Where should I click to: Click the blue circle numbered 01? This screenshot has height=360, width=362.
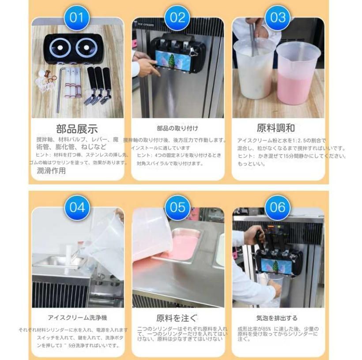pyautogui.click(x=77, y=18)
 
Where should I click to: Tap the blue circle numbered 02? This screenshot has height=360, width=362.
pyautogui.click(x=177, y=18)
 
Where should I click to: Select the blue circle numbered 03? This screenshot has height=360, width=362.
pyautogui.click(x=278, y=18)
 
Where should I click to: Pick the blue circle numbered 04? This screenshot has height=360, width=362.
pyautogui.click(x=77, y=207)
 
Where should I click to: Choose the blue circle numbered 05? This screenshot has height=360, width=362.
pyautogui.click(x=177, y=207)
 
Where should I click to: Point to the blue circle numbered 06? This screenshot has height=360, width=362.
pyautogui.click(x=278, y=207)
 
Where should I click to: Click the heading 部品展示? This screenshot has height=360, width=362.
pyautogui.click(x=77, y=129)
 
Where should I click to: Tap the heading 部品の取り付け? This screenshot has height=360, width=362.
pyautogui.click(x=177, y=129)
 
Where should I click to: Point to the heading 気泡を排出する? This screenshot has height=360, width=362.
pyautogui.click(x=277, y=318)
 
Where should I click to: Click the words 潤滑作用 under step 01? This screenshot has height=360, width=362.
pyautogui.click(x=51, y=171)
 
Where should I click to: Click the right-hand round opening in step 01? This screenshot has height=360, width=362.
pyautogui.click(x=85, y=47)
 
